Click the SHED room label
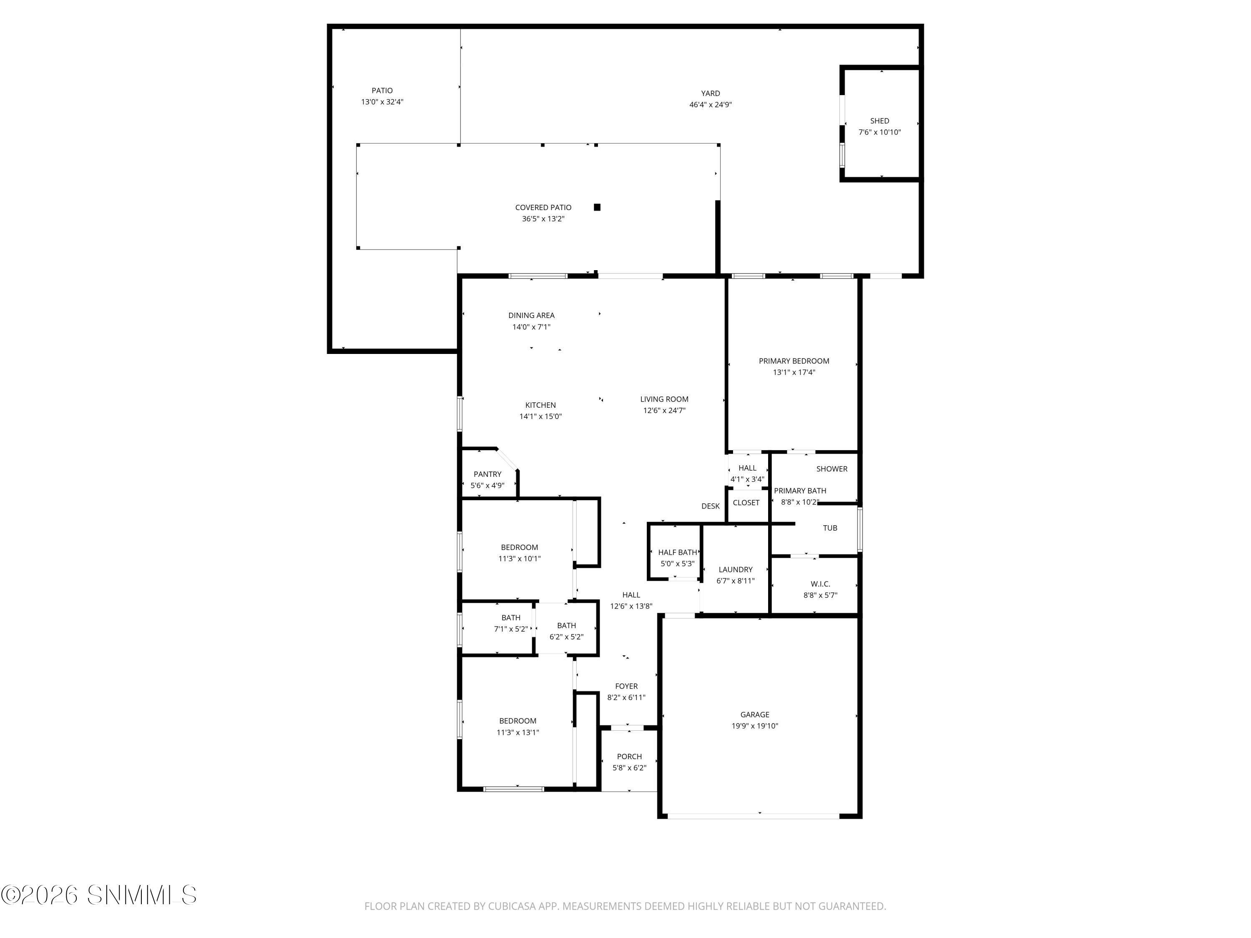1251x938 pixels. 879,121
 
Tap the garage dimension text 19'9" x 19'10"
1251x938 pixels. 754,726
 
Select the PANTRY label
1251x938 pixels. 487,474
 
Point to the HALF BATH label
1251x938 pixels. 677,552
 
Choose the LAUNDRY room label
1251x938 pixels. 735,569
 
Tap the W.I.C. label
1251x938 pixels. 820,584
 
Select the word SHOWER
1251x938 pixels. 831,469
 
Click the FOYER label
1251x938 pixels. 626,686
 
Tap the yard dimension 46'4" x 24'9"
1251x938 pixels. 710,105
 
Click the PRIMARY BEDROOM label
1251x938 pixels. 794,361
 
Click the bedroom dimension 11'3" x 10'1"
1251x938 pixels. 519,559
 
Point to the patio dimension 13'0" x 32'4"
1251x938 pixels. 382,102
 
